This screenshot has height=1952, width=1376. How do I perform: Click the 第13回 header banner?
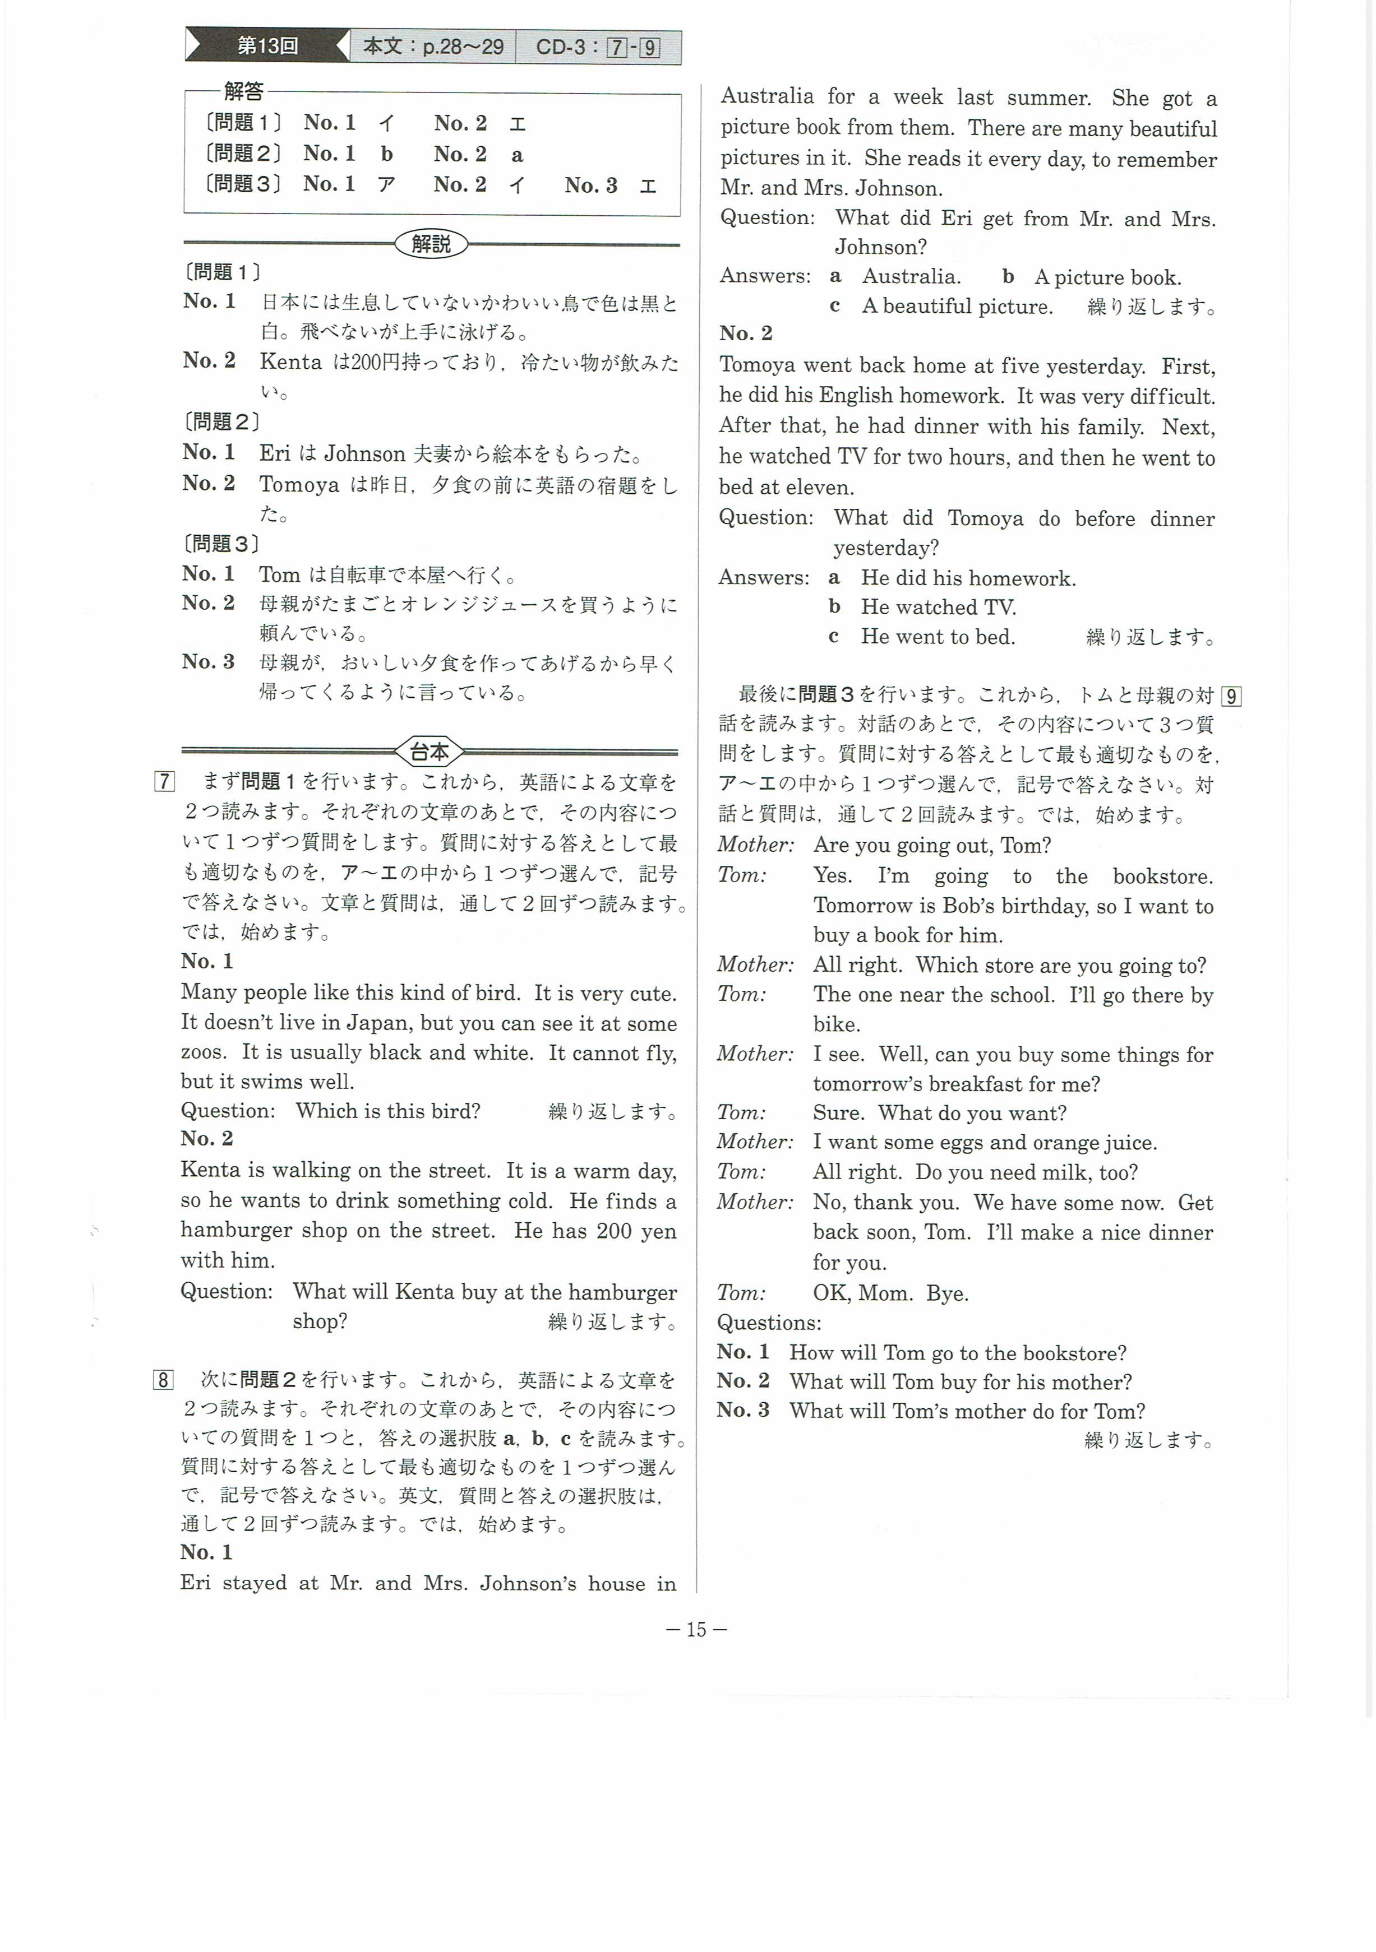[x=266, y=46]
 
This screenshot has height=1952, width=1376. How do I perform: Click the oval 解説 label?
[x=431, y=244]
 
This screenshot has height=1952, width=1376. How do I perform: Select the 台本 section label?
[x=430, y=752]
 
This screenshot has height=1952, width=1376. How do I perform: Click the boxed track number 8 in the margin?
[x=163, y=1379]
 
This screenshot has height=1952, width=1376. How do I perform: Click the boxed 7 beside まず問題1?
[x=164, y=781]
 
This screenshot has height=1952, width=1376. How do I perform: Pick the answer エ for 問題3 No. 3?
[x=648, y=186]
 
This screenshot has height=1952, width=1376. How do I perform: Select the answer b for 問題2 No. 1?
[x=387, y=154]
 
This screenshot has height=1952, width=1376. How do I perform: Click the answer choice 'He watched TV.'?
[x=938, y=607]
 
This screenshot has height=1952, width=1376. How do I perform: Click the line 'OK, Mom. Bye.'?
[x=890, y=1293]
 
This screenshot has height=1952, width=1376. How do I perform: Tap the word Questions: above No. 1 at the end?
[x=769, y=1323]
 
